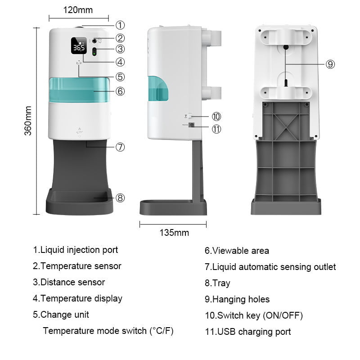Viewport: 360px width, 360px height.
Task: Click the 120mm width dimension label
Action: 78,9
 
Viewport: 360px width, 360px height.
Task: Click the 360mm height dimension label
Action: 28,121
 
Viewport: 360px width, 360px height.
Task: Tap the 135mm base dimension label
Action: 174,233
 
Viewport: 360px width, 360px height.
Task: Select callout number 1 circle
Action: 120,25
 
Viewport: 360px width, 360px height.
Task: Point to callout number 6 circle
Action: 120,91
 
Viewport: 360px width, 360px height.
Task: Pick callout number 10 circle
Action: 216,117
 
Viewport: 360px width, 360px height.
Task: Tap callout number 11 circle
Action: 216,129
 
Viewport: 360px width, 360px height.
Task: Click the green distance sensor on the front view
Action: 94,51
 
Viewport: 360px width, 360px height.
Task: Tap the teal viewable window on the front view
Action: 79,90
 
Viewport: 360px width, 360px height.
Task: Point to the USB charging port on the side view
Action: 192,126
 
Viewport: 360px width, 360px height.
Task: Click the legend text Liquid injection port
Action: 75,250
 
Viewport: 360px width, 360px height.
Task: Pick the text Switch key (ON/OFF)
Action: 254,315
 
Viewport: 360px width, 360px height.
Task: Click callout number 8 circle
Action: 120,198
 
